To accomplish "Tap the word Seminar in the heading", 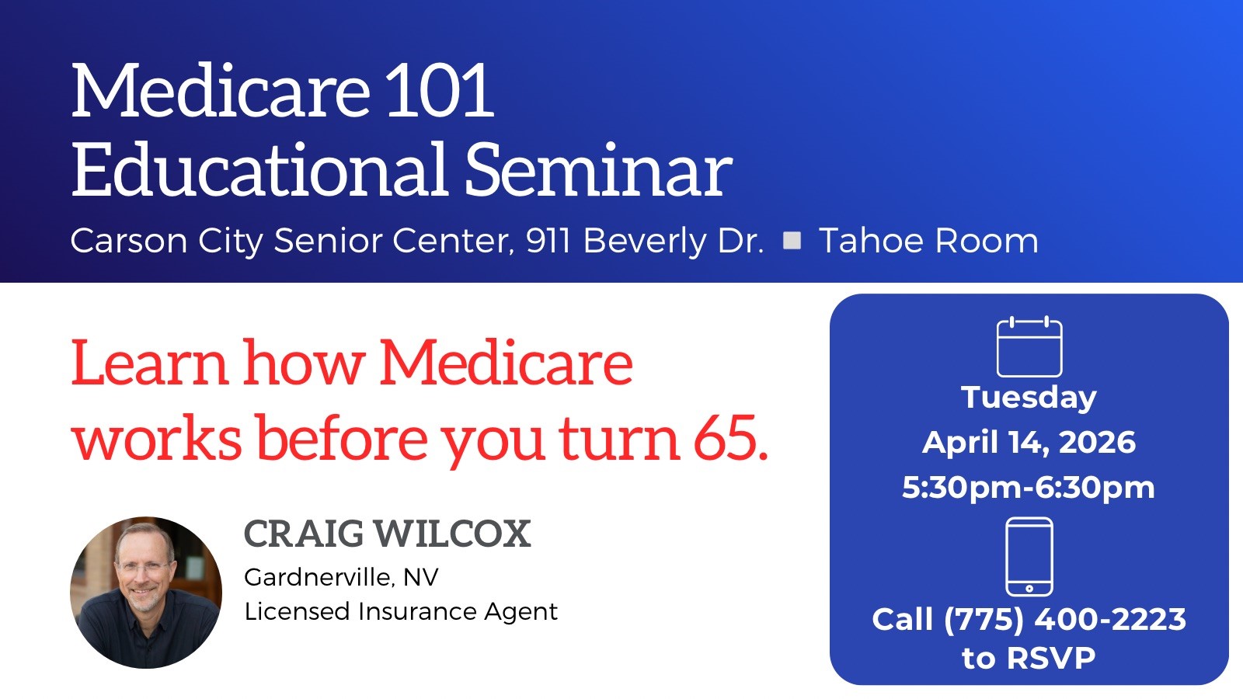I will tap(598, 171).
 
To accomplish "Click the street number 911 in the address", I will tap(550, 241).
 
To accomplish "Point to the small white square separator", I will tap(792, 240).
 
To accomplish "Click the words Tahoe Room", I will tap(928, 241).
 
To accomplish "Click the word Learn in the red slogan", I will tap(149, 363).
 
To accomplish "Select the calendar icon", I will tap(1029, 346).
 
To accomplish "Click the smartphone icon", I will tap(1029, 556).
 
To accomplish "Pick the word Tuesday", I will tap(1029, 398).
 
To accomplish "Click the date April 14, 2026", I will tap(1029, 443).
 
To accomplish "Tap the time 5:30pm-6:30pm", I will tap(1029, 488).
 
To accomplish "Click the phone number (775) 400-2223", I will tap(1064, 620).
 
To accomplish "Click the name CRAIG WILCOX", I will tap(387, 534).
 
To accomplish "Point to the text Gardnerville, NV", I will tap(341, 577).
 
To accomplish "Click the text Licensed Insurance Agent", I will tap(401, 612).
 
